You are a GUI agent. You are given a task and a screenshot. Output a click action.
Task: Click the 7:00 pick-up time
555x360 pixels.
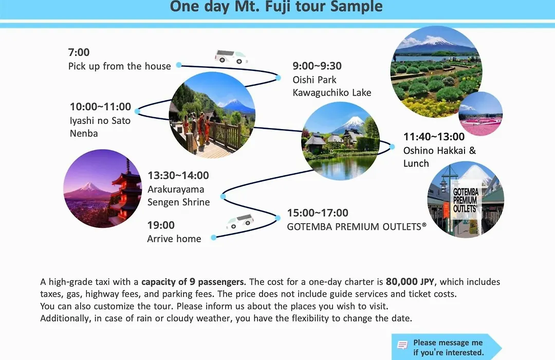click(x=79, y=52)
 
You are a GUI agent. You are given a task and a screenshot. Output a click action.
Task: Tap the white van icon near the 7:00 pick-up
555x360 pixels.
click(x=231, y=57)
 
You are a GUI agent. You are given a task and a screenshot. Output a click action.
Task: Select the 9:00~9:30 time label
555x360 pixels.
click(x=317, y=66)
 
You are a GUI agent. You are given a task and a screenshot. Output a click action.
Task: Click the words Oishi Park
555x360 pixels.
click(x=314, y=80)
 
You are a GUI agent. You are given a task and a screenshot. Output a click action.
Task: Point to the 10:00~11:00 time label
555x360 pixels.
click(x=100, y=106)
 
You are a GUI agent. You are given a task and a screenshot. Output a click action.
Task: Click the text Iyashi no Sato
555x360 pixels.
click(x=100, y=120)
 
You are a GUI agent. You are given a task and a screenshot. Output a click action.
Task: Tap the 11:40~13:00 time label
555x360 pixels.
click(x=434, y=137)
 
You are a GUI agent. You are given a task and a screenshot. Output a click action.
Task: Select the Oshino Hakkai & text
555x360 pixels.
click(x=439, y=151)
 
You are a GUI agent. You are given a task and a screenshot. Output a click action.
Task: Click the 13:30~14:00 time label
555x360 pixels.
click(x=178, y=175)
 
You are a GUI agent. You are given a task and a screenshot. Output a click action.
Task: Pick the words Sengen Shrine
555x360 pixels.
click(x=178, y=202)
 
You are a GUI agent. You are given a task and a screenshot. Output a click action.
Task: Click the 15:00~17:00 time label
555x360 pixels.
click(x=318, y=213)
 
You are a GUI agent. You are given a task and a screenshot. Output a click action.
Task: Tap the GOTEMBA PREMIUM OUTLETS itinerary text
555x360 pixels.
click(x=357, y=227)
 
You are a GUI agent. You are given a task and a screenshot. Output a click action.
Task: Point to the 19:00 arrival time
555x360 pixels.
click(x=161, y=225)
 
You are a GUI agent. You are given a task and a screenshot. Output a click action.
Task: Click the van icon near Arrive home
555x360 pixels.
click(x=240, y=222)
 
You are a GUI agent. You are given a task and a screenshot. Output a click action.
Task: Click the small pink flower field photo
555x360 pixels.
click(x=480, y=113)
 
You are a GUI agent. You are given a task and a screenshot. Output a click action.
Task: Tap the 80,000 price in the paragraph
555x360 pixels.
click(x=402, y=282)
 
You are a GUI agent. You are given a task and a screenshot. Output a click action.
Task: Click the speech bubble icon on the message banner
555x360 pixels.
click(x=402, y=345)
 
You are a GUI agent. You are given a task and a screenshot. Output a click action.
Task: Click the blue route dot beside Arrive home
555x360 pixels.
click(x=214, y=238)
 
